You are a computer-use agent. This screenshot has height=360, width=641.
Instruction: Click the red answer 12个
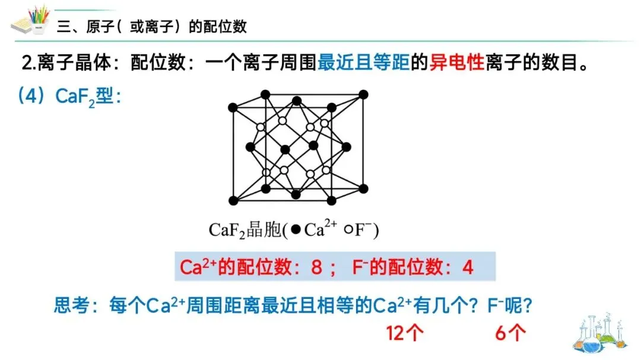tap(405, 333)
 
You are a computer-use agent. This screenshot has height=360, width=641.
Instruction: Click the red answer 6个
tap(510, 333)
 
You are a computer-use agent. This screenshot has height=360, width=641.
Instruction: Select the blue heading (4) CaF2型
tap(70, 97)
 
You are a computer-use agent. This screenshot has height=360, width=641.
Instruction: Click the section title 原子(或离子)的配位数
tap(151, 27)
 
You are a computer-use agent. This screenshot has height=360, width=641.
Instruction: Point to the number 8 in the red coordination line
tap(316, 267)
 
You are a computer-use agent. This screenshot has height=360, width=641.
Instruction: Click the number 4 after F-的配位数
tap(468, 267)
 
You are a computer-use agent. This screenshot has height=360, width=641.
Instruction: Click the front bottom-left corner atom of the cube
tap(233, 200)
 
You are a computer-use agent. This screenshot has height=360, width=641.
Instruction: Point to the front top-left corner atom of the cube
tap(233, 107)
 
